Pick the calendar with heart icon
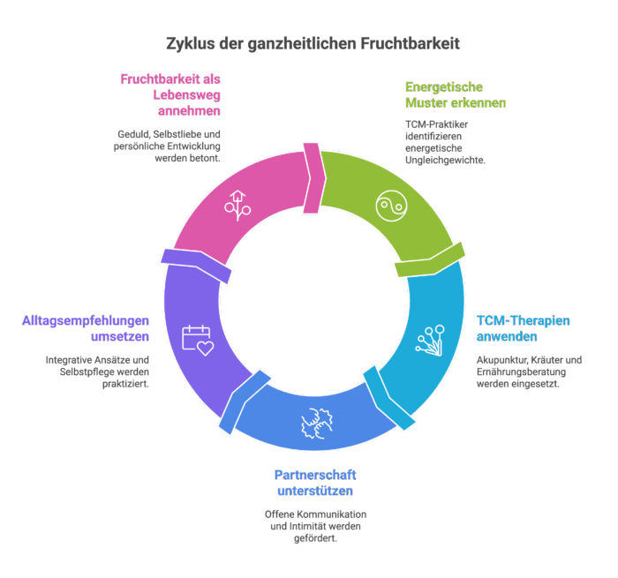198,341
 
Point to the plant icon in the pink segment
237,204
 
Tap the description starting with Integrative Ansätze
97,372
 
